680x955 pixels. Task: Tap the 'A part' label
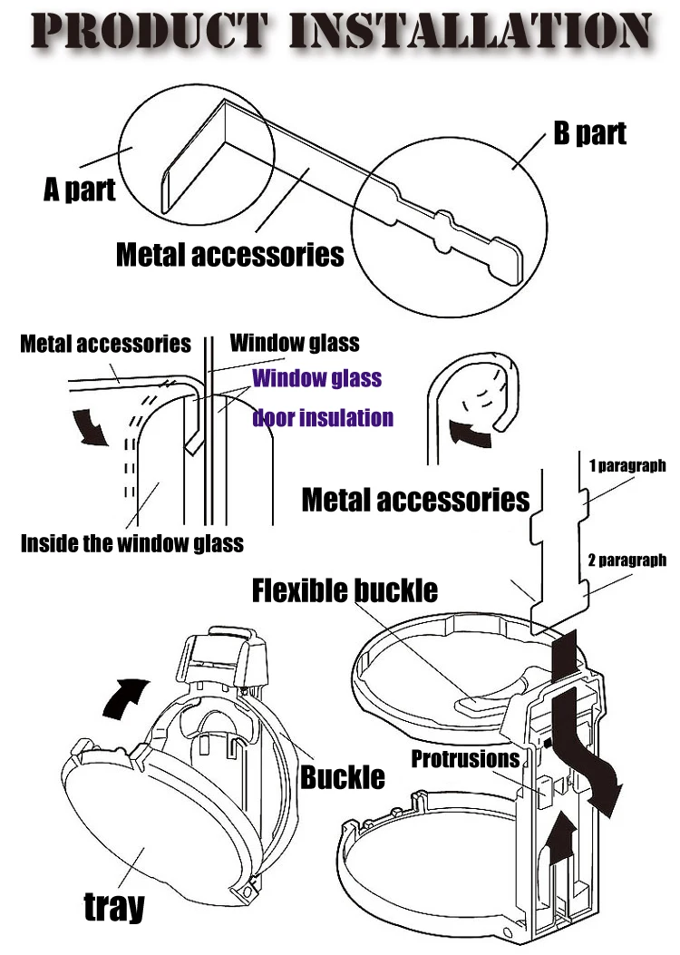pyautogui.click(x=80, y=189)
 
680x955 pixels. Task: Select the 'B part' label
pyautogui.click(x=590, y=133)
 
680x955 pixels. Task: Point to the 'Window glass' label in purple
pyautogui.click(x=316, y=377)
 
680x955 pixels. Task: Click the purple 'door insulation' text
pyautogui.click(x=323, y=418)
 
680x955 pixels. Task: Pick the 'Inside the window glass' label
pyautogui.click(x=132, y=543)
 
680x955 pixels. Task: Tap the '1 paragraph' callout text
pyautogui.click(x=627, y=466)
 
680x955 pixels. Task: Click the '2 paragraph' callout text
pyautogui.click(x=627, y=560)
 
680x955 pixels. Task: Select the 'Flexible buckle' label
pyautogui.click(x=345, y=591)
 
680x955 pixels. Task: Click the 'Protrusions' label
pyautogui.click(x=466, y=758)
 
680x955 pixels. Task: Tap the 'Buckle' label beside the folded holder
pyautogui.click(x=343, y=776)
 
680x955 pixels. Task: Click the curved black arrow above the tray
pyautogui.click(x=123, y=697)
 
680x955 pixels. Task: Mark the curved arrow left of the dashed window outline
pyautogui.click(x=94, y=426)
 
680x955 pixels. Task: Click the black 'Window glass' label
pyautogui.click(x=295, y=343)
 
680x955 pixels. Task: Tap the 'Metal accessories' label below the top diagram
pyautogui.click(x=230, y=254)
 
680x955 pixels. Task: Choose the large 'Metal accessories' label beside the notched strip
pyautogui.click(x=415, y=499)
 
